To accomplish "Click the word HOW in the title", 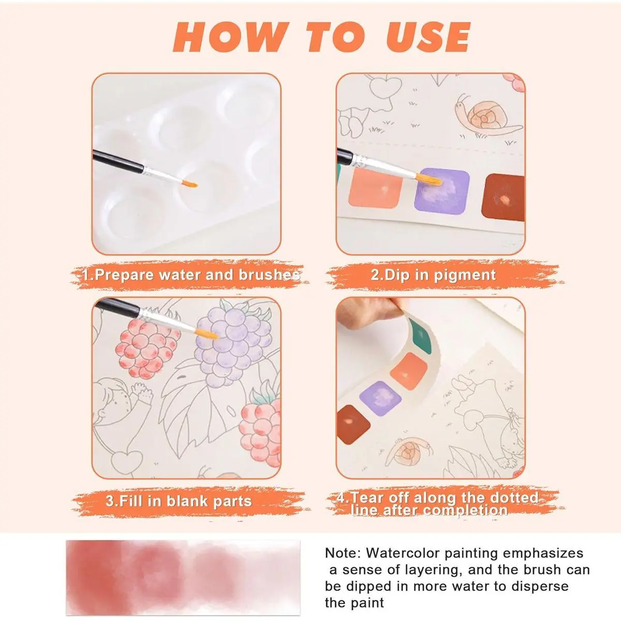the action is (x=229, y=37).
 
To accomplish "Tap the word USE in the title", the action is (x=428, y=37).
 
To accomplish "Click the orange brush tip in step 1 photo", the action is (x=189, y=184).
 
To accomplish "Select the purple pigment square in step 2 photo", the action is (x=442, y=191).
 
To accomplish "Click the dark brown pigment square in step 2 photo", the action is (x=503, y=198).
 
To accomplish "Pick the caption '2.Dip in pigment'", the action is (x=433, y=275).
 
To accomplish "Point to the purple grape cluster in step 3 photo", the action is (x=233, y=346).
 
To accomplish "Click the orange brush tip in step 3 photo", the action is (x=208, y=334).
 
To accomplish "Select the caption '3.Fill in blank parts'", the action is (x=179, y=501).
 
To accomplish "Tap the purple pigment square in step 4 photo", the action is (x=380, y=397).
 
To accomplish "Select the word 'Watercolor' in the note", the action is (x=403, y=553).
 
